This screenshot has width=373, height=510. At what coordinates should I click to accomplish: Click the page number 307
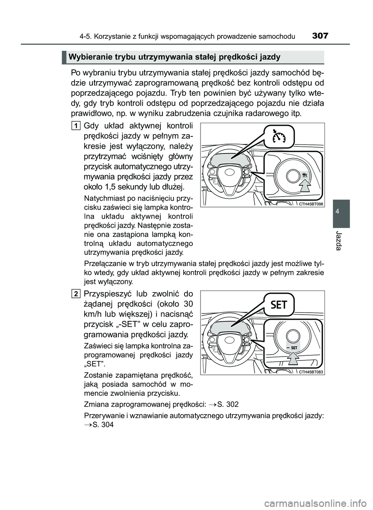point(320,37)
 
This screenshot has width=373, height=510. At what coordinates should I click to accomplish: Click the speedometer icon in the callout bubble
point(279,137)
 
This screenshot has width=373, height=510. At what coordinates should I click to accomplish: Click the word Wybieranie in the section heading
point(86,57)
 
